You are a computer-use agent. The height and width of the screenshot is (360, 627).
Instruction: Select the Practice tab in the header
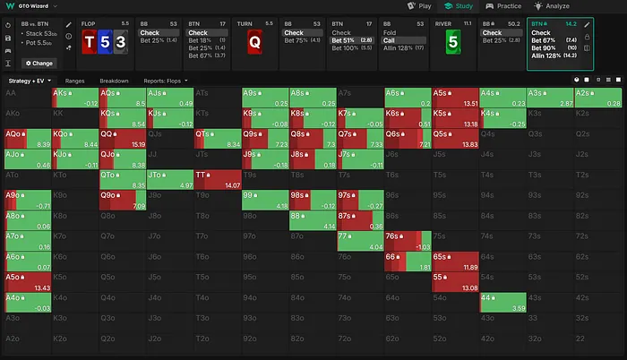[x=504, y=5]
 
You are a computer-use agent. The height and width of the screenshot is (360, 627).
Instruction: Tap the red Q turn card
[x=255, y=43]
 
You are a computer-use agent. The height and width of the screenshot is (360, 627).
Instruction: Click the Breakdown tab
[x=114, y=81]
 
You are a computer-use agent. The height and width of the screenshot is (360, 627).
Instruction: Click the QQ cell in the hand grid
[x=122, y=135]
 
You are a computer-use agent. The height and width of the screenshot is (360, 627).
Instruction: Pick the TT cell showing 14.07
[x=217, y=178]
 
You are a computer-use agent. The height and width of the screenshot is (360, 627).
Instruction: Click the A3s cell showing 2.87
[x=549, y=96]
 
